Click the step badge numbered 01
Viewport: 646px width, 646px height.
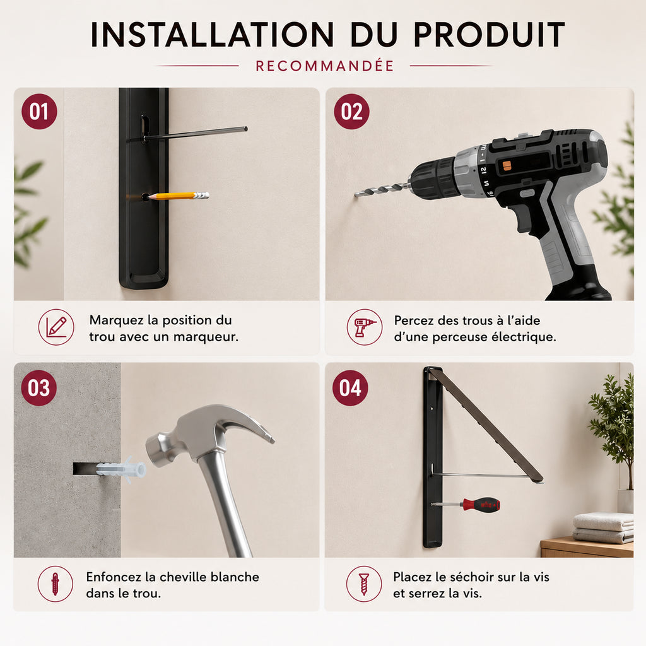pos(39,112)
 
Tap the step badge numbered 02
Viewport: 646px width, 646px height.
pos(351,112)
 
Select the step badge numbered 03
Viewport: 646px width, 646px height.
pos(39,388)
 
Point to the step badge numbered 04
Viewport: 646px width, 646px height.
pos(350,388)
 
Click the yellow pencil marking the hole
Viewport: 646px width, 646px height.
pos(177,196)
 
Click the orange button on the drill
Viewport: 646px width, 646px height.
pos(507,166)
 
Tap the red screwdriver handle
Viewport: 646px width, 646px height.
pos(481,504)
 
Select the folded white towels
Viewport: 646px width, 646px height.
pos(602,527)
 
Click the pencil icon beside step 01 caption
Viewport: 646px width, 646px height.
pos(56,327)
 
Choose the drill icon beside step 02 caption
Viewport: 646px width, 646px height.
pos(365,327)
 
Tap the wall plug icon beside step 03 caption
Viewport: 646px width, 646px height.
pos(56,584)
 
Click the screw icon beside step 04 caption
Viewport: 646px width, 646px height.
pos(364,584)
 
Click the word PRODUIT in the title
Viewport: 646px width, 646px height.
pos(489,35)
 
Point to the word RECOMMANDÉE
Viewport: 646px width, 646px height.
pos(325,66)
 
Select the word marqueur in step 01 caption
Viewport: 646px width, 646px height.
pos(206,338)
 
